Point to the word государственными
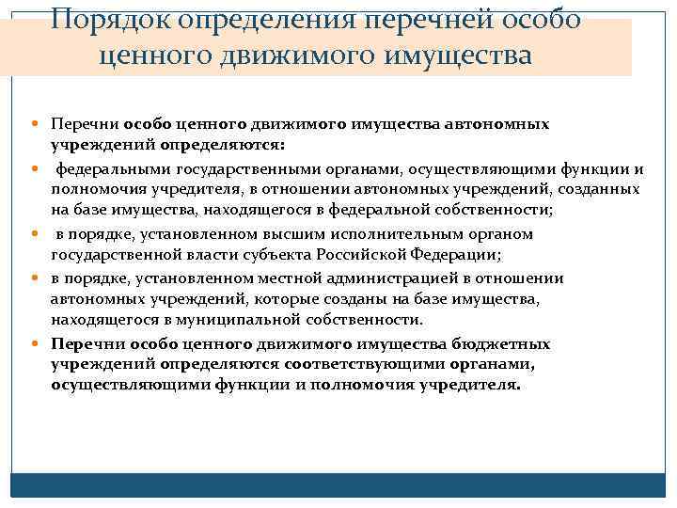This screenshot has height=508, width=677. click(x=222, y=169)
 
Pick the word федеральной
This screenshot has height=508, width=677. click(x=392, y=210)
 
